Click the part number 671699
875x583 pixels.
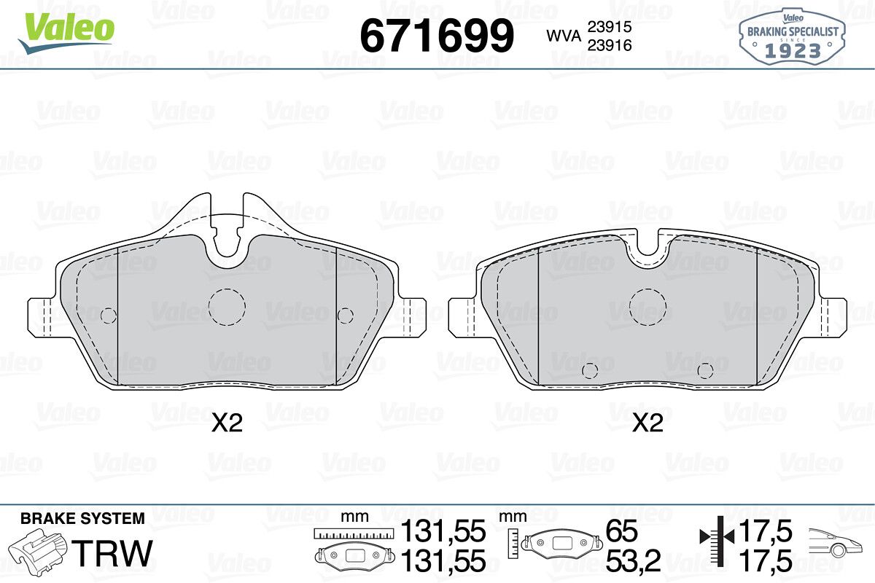click(x=437, y=36)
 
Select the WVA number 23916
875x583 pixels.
click(x=610, y=45)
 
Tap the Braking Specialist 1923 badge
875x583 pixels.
click(x=792, y=37)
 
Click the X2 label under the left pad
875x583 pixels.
click(x=227, y=423)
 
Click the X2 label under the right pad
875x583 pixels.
click(x=647, y=423)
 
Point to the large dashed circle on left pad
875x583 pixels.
click(x=227, y=289)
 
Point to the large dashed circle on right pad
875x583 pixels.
click(x=647, y=289)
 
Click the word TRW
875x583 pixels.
click(x=112, y=553)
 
